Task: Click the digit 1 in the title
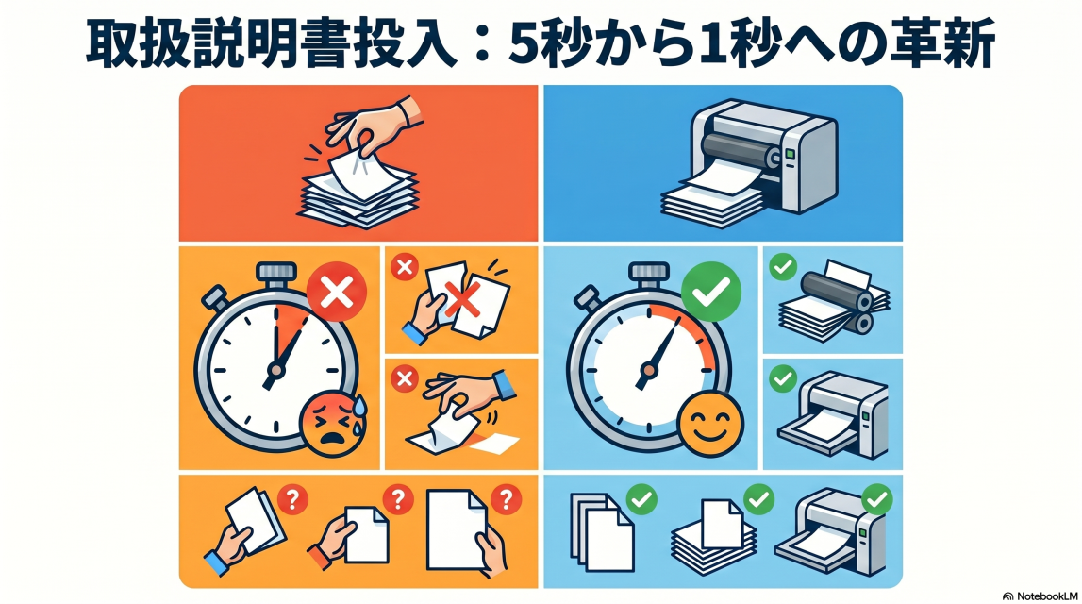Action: (x=716, y=42)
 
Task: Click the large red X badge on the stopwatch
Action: (x=337, y=292)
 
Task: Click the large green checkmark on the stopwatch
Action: (x=710, y=292)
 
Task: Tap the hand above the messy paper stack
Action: (x=373, y=126)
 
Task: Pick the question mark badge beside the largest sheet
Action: (x=506, y=498)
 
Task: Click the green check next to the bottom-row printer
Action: (x=877, y=500)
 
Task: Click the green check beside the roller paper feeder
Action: (x=783, y=266)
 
